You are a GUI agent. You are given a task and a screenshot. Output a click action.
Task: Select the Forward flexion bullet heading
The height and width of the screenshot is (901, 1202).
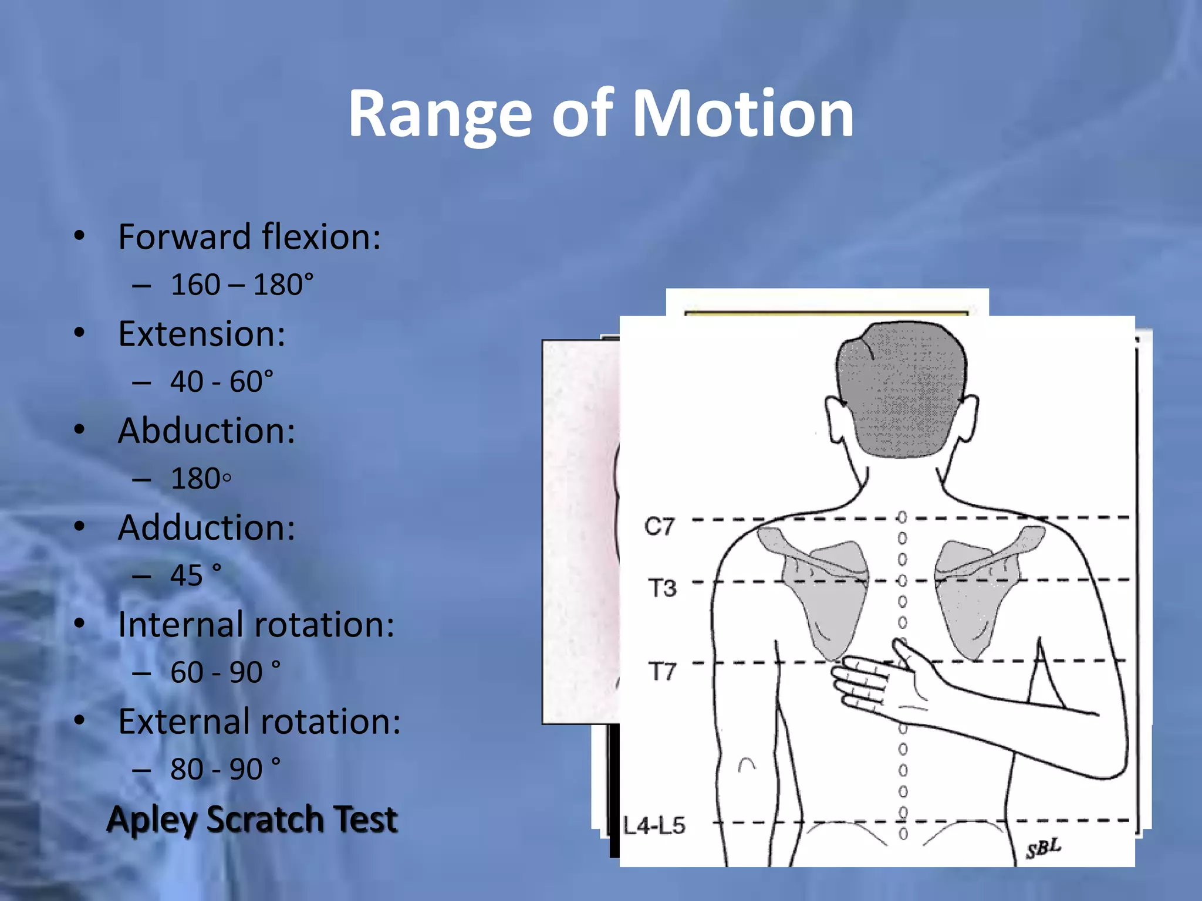coord(249,237)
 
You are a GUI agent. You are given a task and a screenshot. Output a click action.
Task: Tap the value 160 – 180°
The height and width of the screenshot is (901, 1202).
coord(242,285)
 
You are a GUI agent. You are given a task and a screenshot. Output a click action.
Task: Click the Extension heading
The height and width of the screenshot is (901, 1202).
coord(201,334)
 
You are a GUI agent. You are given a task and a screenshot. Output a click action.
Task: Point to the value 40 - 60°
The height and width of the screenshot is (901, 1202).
coord(222,382)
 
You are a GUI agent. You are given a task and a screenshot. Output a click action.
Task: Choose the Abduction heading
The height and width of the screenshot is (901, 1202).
coord(206,431)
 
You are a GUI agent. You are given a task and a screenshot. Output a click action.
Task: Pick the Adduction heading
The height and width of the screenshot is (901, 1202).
coord(206,527)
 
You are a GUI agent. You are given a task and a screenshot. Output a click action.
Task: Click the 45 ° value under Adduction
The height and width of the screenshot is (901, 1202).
coord(196,575)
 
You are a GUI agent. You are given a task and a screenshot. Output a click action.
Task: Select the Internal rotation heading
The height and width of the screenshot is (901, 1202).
coord(256,624)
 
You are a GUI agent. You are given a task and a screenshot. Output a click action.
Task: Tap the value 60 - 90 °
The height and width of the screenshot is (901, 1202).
coord(225,672)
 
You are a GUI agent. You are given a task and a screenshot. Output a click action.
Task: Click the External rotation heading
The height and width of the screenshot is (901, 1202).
coord(259,721)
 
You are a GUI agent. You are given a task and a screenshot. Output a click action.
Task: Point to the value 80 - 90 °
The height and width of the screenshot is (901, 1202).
coord(225,769)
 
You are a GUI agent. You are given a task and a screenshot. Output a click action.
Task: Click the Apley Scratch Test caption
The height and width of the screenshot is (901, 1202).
coord(252,819)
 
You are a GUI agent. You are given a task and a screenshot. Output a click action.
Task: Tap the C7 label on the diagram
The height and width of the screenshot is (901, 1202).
coord(660,526)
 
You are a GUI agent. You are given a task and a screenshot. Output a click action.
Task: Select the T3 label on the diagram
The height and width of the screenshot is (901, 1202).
coord(662,587)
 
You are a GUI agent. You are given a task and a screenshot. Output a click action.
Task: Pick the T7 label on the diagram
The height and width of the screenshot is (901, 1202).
coord(662,670)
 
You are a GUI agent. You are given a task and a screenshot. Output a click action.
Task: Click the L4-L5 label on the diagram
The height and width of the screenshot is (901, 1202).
coord(654,826)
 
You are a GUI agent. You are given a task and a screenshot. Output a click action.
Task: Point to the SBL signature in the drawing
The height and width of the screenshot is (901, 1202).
coord(1044,848)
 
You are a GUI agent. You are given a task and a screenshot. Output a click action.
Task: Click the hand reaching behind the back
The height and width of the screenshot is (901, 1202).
coord(875,683)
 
